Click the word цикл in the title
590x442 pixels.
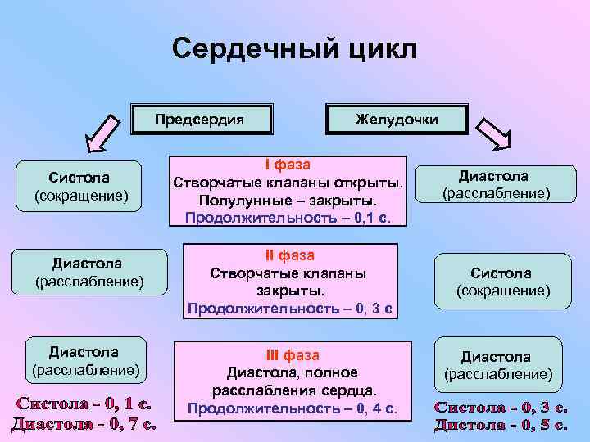click(379, 49)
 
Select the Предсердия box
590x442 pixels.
click(201, 119)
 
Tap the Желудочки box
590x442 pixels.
click(397, 120)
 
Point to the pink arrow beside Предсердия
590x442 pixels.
click(106, 134)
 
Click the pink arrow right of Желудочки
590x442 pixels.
click(494, 133)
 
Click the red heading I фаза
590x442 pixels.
click(287, 165)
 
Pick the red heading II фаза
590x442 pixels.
click(290, 255)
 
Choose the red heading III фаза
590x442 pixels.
click(292, 355)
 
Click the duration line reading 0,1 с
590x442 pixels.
click(288, 218)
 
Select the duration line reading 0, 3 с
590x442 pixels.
click(290, 309)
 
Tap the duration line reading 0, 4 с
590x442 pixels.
click(292, 408)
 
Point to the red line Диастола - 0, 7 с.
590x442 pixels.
click(84, 423)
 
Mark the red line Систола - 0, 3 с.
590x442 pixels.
click(501, 407)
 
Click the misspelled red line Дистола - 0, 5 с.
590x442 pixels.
click(501, 424)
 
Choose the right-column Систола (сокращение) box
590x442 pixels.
click(501, 282)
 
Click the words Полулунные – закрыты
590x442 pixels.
click(287, 201)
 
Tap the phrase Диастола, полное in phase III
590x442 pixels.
click(292, 372)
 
